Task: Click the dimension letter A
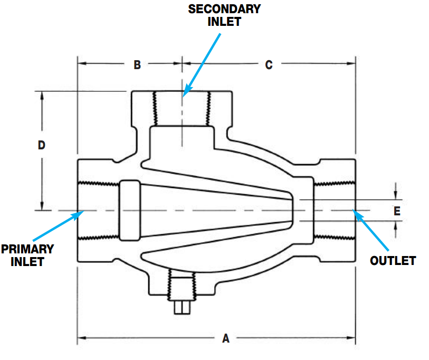click(x=226, y=338)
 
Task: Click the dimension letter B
click(x=137, y=65)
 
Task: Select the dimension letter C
click(x=269, y=65)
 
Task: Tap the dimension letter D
click(x=42, y=145)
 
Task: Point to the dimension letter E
click(x=397, y=211)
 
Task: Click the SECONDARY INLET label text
click(x=224, y=15)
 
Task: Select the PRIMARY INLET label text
click(x=27, y=254)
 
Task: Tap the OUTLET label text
click(x=393, y=260)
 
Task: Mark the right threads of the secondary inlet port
click(x=209, y=108)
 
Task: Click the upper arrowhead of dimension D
click(x=42, y=95)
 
